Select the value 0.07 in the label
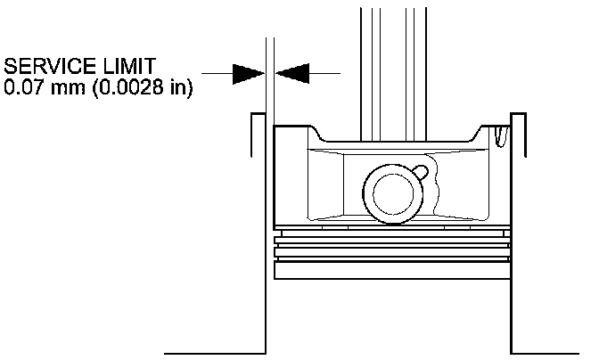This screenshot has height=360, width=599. tap(23, 90)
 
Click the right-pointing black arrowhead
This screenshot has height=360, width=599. tap(247, 73)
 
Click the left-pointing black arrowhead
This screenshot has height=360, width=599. tap(291, 73)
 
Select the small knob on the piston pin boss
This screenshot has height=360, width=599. tap(420, 170)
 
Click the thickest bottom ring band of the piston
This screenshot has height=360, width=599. tap(391, 267)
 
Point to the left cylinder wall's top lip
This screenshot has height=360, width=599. tap(257, 117)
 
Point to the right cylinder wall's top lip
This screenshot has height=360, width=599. tap(517, 117)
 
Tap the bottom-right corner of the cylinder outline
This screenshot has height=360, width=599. tap(510, 351)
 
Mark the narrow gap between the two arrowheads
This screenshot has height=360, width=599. tap(269, 73)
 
